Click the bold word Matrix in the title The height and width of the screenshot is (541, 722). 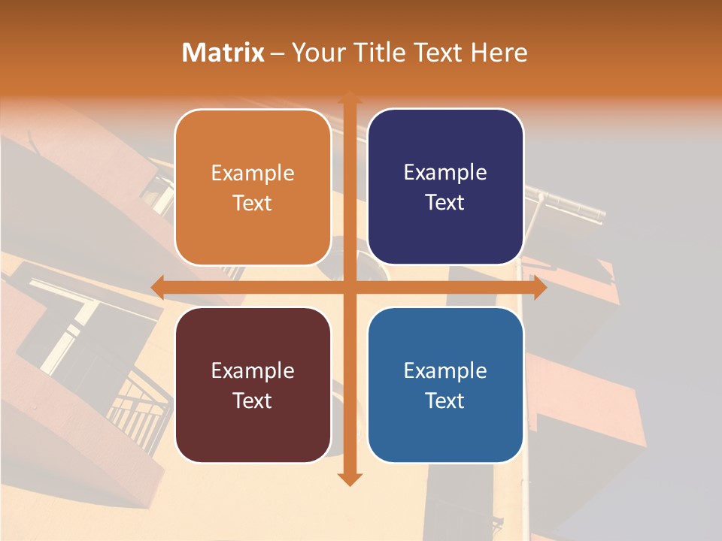pos(223,53)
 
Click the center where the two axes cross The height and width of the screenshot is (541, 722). pos(349,287)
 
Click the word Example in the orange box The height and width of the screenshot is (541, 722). pos(253,174)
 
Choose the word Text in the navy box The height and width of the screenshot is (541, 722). pos(445,203)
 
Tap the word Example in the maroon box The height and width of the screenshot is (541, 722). pos(253,370)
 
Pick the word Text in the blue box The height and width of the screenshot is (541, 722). pos(445,400)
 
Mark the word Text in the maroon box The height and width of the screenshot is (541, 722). pos(253,400)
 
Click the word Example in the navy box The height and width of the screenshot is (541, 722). pos(445,173)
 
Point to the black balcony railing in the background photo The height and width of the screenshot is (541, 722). pos(139,410)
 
